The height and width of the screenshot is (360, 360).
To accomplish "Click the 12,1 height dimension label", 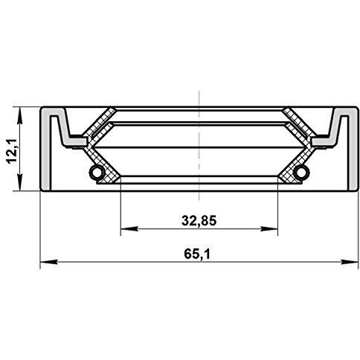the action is pos(12,151).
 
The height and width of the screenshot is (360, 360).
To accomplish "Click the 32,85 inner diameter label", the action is pos(199,221).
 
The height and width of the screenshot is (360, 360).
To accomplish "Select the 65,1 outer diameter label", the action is pos(197,254).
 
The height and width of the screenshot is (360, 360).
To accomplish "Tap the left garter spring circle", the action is pos(97,172).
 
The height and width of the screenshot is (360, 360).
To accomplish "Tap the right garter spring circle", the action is pos(300,172).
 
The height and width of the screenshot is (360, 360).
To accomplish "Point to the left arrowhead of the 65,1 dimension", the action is pos(48,262).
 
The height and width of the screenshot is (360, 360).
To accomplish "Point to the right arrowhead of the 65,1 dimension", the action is pos(350,262).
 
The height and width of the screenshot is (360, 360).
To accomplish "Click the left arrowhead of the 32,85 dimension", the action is pos(129,229).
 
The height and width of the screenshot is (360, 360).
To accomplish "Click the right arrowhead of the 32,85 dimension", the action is pos(269,229).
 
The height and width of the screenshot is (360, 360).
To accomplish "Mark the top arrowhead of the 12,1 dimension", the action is pos(19,115).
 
